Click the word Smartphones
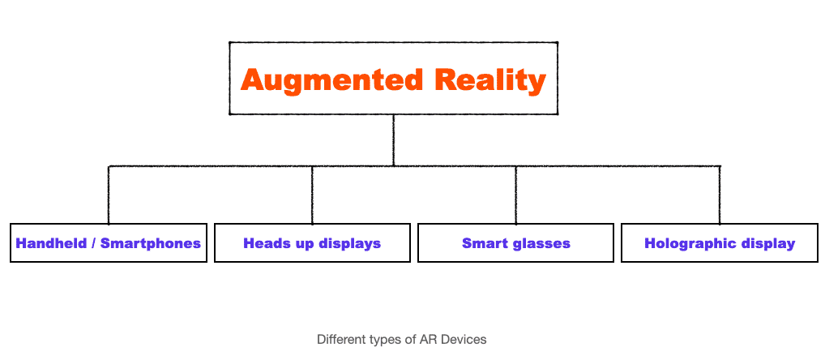[151, 244]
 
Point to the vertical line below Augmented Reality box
[393, 140]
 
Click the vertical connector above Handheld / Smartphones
[109, 195]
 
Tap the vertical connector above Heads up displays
[312, 195]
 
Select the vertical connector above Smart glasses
[515, 195]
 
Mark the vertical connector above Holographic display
[720, 195]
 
